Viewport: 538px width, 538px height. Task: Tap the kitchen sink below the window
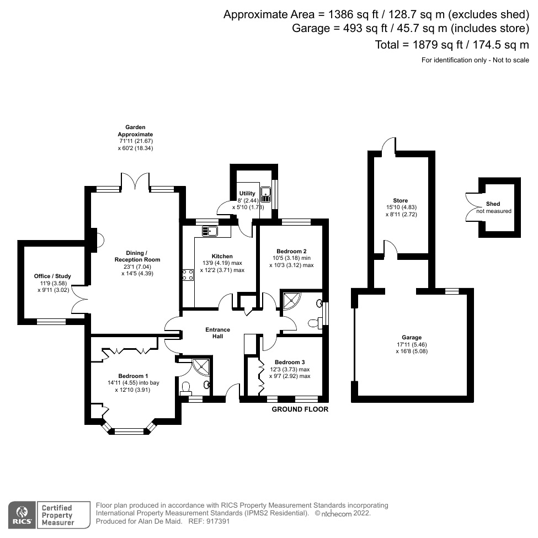coord(211,231)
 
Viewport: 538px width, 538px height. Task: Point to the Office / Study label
coord(52,276)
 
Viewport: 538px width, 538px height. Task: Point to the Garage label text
coord(412,337)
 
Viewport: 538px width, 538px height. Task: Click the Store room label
coord(401,200)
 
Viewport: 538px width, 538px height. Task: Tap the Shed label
coord(493,204)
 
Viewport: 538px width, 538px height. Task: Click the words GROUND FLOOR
coord(301,409)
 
